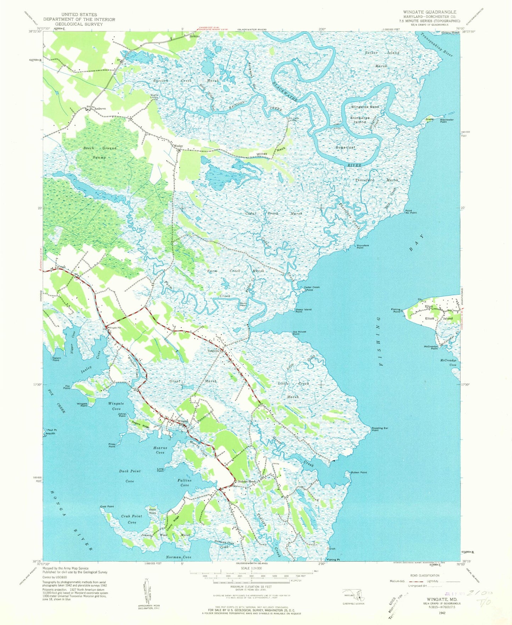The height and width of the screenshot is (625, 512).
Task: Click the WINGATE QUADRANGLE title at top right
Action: [x=429, y=12]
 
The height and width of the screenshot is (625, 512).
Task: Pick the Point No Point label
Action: [x=411, y=211]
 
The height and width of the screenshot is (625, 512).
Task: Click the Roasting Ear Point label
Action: [x=380, y=429]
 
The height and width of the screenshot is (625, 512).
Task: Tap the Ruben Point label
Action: [x=359, y=472]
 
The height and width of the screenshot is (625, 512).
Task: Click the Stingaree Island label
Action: [x=360, y=120]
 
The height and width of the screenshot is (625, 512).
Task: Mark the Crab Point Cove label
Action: [x=131, y=519]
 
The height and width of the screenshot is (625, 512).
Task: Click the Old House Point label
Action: [x=299, y=333]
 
